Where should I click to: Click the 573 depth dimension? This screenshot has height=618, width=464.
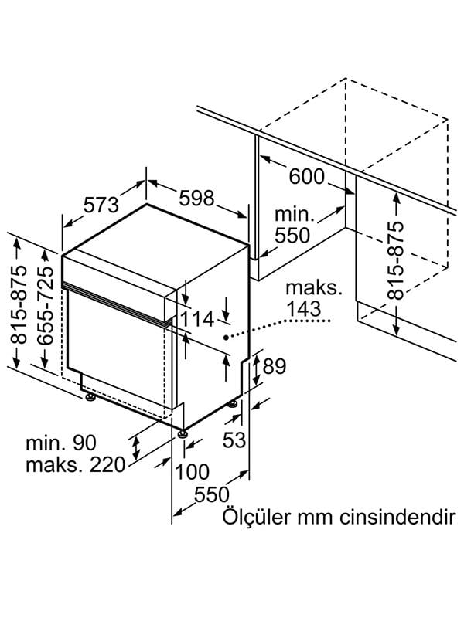pos(101,205)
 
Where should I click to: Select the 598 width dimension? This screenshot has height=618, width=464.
pos(196,199)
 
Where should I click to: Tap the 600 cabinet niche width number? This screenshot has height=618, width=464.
pos(307,177)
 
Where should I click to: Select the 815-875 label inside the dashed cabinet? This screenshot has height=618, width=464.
pos(395,260)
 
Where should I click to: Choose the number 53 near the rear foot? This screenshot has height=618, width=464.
pos(234,440)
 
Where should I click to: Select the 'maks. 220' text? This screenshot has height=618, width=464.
pos(75,465)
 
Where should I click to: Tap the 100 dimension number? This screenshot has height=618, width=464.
pos(193,470)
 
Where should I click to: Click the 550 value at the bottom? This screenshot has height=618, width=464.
pos(210,494)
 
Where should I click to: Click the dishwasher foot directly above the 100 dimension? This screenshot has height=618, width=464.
pos(183,435)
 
